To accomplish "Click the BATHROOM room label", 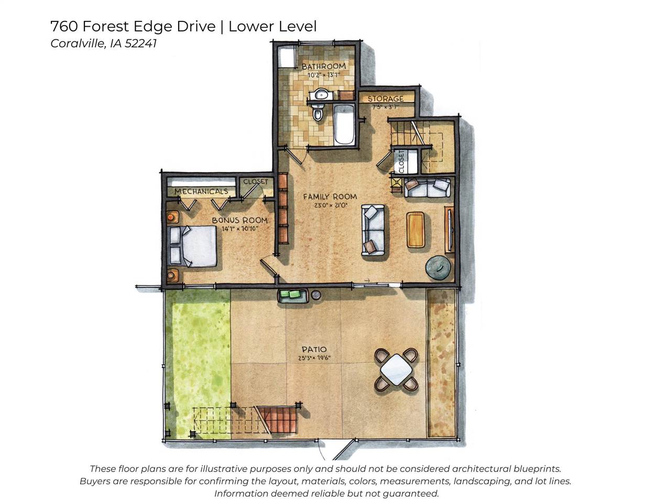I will click(323, 66).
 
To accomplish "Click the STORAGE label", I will click(385, 99).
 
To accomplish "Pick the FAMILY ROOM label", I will click(330, 196).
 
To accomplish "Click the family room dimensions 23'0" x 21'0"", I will click(331, 205).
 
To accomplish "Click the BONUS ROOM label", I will click(240, 221).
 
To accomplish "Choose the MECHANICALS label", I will click(201, 191).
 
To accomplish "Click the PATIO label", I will click(314, 349).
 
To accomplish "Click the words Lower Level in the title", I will click(273, 26).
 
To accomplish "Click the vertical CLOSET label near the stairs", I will click(402, 162).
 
